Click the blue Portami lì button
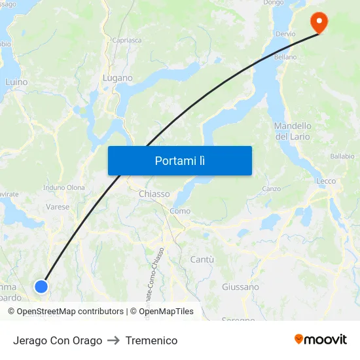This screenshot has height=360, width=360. coord(179,160)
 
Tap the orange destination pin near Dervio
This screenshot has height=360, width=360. coord(319,23)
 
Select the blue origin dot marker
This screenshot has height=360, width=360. coord(41,286)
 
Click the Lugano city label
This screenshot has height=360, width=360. coord(118,78)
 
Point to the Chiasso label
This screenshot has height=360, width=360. coord(154,194)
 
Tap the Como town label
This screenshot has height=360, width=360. coord(179,211)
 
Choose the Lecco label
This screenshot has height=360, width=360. coord(325,181)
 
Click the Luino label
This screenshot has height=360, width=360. coord(16,82)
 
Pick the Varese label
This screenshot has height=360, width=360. coord(58,207)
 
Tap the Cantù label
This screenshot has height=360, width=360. coord(202,259)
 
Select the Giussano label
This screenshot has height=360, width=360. coord(240,287)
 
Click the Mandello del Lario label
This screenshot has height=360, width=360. coord(293,131)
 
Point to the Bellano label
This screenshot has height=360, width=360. coord(285,57)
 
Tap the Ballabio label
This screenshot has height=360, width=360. coord(342,156)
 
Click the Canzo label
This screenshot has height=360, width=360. coord(271,189)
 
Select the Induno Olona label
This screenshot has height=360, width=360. coord(63,187)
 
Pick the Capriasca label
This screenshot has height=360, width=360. coord(127,40)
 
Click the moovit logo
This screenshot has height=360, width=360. coord(320,339)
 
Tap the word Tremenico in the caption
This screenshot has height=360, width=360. coord(151,340)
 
